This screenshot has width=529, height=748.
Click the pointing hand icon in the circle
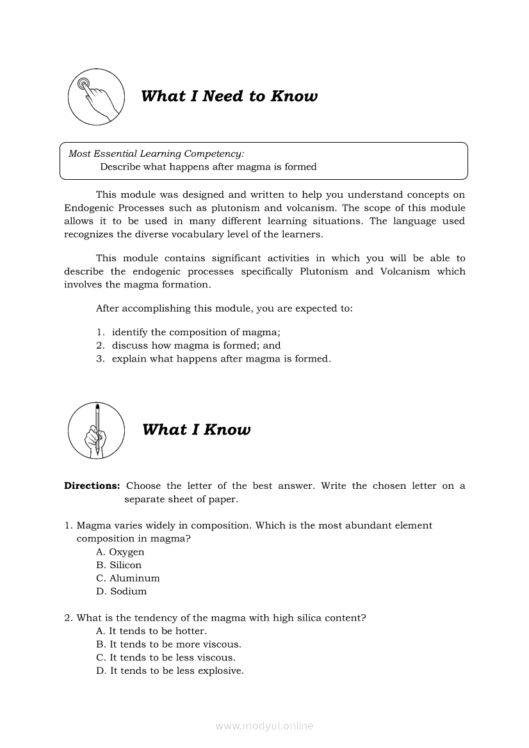click(x=96, y=97)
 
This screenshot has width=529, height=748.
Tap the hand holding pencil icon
click(x=96, y=430)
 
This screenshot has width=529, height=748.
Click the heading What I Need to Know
click(x=229, y=97)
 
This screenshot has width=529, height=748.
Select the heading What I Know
click(x=196, y=430)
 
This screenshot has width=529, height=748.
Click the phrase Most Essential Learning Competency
click(x=156, y=154)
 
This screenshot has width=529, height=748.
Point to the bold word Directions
click(x=92, y=486)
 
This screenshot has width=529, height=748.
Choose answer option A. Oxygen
click(x=120, y=552)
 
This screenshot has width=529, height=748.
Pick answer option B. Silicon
click(x=119, y=565)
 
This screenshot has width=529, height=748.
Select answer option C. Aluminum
click(x=128, y=578)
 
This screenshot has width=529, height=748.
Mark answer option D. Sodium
click(x=122, y=591)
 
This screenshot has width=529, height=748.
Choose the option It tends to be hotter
click(x=152, y=632)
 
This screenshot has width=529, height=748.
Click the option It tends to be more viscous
click(x=169, y=644)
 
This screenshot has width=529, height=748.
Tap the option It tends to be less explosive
click(x=170, y=671)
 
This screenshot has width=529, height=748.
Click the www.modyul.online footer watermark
click(x=264, y=726)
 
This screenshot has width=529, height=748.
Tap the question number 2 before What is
click(x=68, y=618)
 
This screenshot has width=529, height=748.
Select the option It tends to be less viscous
click(x=167, y=658)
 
